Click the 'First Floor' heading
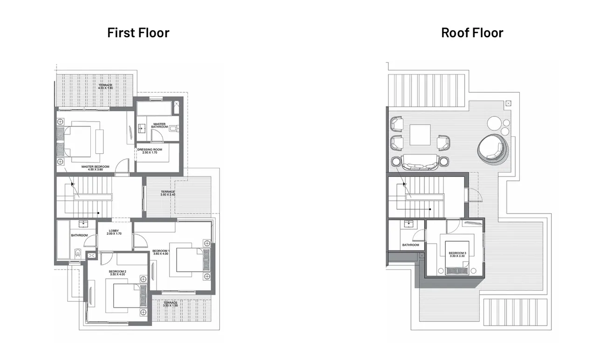[x=138, y=33]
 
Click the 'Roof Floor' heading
[x=472, y=33]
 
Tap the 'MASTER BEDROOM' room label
[x=95, y=166]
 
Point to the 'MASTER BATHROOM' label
[x=159, y=125]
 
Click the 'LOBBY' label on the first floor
[x=114, y=231]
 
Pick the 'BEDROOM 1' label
[x=160, y=251]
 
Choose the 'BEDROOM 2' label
[x=117, y=272]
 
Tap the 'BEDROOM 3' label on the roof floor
[x=457, y=254]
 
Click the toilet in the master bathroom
[x=173, y=129]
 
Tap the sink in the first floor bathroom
[x=83, y=224]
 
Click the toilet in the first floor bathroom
[x=78, y=254]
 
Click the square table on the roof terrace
[x=420, y=135]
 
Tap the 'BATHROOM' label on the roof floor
[x=410, y=245]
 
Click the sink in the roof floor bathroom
[x=411, y=224]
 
